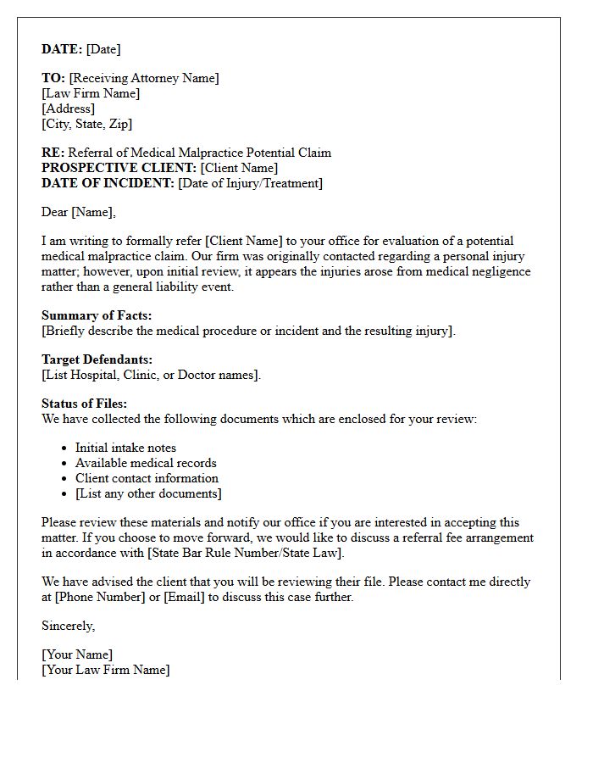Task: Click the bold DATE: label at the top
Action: [x=62, y=49]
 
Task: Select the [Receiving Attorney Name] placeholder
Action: [x=143, y=78]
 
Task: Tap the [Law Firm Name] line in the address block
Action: [x=91, y=93]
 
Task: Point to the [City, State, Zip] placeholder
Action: [x=87, y=124]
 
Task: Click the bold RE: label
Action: [x=53, y=153]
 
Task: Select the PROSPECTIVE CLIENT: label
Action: [x=119, y=168]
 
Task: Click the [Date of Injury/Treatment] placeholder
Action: [x=250, y=183]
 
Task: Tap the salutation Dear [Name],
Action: [x=79, y=212]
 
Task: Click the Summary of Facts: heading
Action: [x=97, y=315]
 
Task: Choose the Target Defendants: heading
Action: [x=97, y=359]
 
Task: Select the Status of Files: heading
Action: [x=84, y=404]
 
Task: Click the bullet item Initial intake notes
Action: [x=125, y=448]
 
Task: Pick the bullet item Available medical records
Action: [x=146, y=463]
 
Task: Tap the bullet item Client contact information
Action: [x=147, y=478]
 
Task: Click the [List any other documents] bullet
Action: [x=148, y=493]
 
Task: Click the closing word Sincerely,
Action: [x=69, y=626]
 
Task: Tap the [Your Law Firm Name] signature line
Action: [x=106, y=670]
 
